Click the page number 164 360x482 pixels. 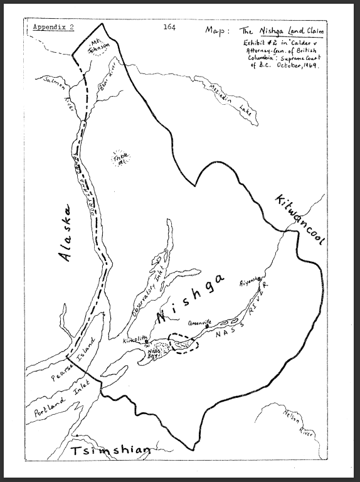coord(169,27)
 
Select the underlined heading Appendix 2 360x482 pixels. coord(53,28)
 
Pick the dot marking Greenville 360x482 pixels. coord(206,326)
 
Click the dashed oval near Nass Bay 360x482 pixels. coord(186,345)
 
